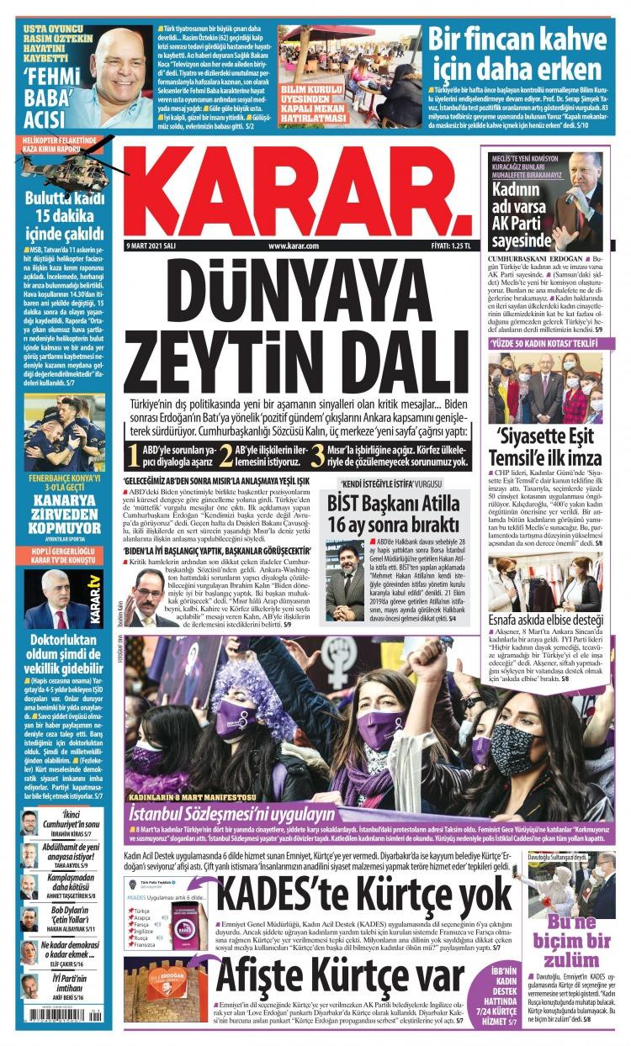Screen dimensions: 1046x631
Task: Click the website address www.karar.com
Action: click(x=294, y=246)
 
